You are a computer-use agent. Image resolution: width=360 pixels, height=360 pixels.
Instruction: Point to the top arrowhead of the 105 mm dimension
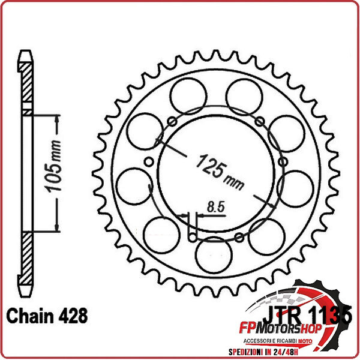57,118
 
